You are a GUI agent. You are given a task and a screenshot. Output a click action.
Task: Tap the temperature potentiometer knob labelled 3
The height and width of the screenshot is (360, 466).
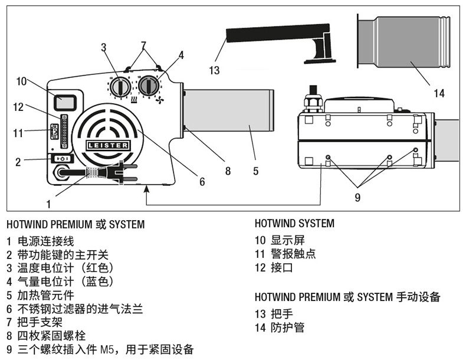pyautogui.click(x=121, y=87)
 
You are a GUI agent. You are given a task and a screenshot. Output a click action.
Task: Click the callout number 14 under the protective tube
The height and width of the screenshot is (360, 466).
pyautogui.click(x=439, y=93)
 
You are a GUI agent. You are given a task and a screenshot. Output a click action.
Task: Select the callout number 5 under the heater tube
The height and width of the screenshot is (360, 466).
pyautogui.click(x=255, y=171)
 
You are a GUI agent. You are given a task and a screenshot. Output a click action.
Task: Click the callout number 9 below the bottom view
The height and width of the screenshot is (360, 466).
pyautogui.click(x=357, y=197)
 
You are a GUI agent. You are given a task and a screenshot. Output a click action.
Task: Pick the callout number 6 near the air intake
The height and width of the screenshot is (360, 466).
pyautogui.click(x=202, y=182)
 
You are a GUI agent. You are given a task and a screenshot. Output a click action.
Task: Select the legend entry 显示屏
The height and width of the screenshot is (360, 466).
pyautogui.click(x=287, y=240)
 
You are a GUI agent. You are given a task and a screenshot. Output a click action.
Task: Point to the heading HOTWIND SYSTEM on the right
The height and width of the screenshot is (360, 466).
pyautogui.click(x=294, y=224)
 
